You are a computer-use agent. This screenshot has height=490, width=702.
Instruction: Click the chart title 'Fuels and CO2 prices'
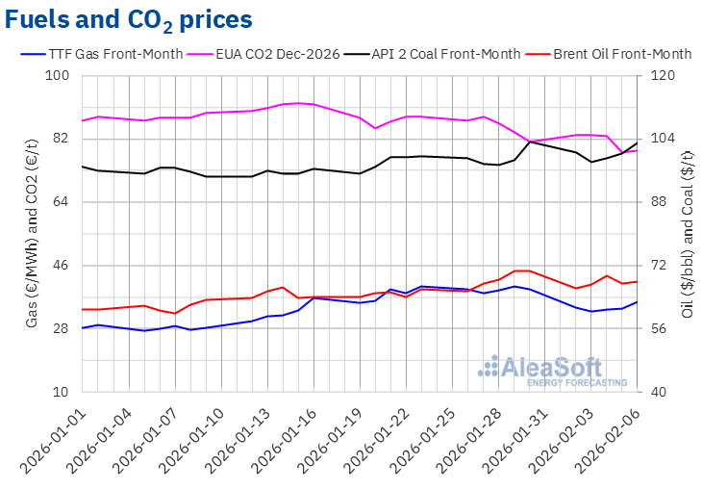130,19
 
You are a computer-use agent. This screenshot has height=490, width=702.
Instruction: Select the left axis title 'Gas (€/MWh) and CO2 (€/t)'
34,235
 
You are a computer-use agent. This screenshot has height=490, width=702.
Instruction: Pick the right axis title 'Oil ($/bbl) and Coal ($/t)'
687,235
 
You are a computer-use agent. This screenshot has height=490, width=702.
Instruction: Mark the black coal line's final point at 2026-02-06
637,142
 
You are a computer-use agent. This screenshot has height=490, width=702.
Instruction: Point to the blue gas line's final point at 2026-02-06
637,302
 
